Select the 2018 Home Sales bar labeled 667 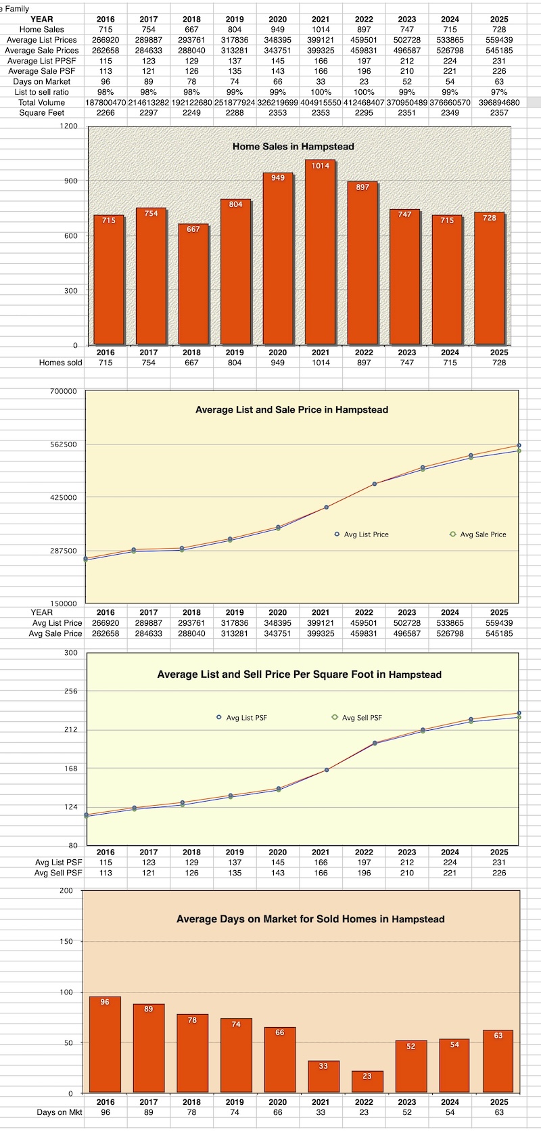(x=193, y=284)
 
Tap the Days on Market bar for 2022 (x=367, y=1081)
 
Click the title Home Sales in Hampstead (x=293, y=146)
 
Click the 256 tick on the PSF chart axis (x=70, y=691)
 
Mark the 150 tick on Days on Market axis (x=66, y=941)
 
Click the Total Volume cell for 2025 (x=499, y=103)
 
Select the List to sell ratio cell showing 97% (x=499, y=92)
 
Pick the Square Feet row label (x=42, y=113)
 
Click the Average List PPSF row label (x=42, y=61)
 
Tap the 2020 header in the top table (x=277, y=19)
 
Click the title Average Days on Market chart (x=310, y=919)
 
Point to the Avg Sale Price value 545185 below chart (x=499, y=633)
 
